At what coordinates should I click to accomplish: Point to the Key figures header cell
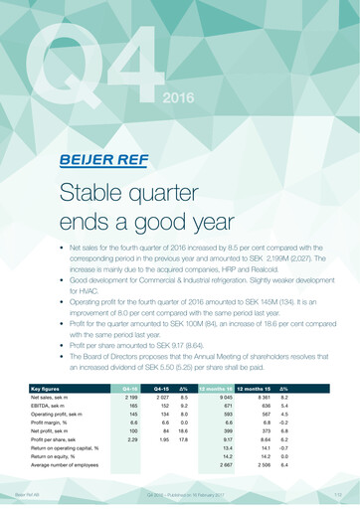(48, 389)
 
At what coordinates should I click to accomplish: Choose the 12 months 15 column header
(256, 389)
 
